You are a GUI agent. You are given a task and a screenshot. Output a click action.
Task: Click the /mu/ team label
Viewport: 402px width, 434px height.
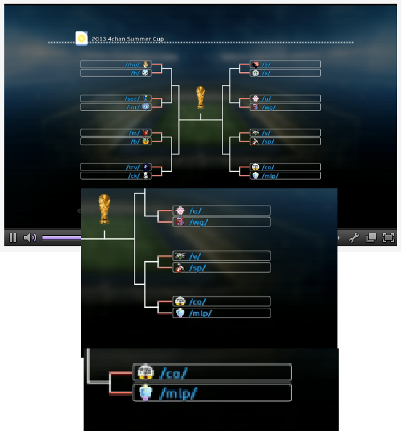[132, 64]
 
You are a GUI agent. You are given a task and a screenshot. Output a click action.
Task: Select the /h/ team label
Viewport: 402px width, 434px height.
[134, 73]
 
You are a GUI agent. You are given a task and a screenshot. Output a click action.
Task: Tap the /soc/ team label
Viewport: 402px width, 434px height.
[132, 98]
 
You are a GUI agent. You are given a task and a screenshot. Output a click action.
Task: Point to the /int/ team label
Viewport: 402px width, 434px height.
[133, 107]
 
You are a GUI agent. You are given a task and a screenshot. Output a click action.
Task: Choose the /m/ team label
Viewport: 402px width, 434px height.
[133, 133]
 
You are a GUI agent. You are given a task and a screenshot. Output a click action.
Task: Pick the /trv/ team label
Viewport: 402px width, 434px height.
[132, 167]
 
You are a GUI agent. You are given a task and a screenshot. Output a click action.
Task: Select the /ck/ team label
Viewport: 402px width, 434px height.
[133, 175]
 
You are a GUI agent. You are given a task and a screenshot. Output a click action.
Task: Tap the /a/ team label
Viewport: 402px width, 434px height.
[266, 64]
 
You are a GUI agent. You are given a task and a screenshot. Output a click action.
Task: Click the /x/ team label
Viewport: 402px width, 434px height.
[266, 73]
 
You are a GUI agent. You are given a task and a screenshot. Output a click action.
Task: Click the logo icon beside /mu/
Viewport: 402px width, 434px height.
[146, 64]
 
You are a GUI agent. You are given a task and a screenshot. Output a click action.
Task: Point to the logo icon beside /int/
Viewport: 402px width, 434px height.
[146, 107]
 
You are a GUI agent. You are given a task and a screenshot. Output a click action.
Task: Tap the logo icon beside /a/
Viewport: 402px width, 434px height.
[254, 64]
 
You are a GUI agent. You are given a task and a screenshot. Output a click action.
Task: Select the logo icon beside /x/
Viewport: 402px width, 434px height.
[254, 73]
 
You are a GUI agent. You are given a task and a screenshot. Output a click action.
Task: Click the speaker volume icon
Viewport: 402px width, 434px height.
[30, 238]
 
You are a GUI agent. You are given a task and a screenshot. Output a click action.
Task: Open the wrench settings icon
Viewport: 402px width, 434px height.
[354, 238]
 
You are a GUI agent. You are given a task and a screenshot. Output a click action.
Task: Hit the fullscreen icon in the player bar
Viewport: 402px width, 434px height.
[388, 238]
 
